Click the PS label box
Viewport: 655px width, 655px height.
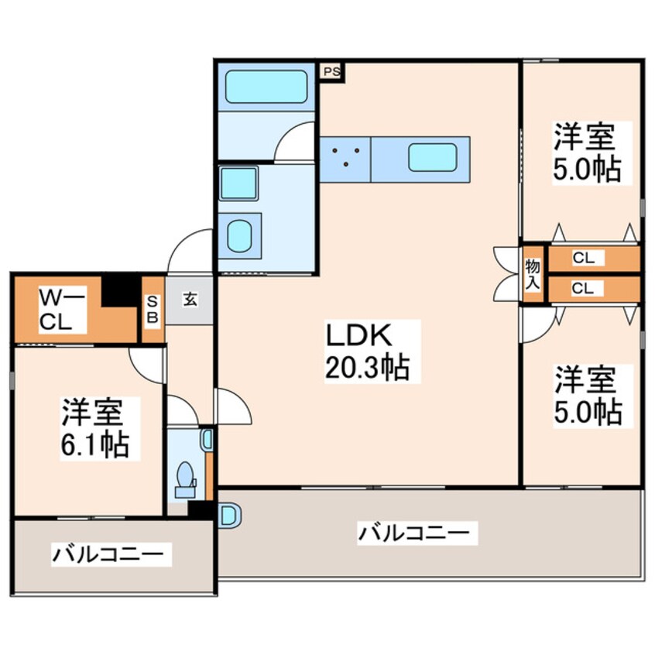[332, 72]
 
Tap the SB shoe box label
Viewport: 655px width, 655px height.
[153, 309]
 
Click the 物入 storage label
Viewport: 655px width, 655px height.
[533, 272]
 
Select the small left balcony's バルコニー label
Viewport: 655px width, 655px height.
[108, 554]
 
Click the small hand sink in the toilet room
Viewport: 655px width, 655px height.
[206, 440]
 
